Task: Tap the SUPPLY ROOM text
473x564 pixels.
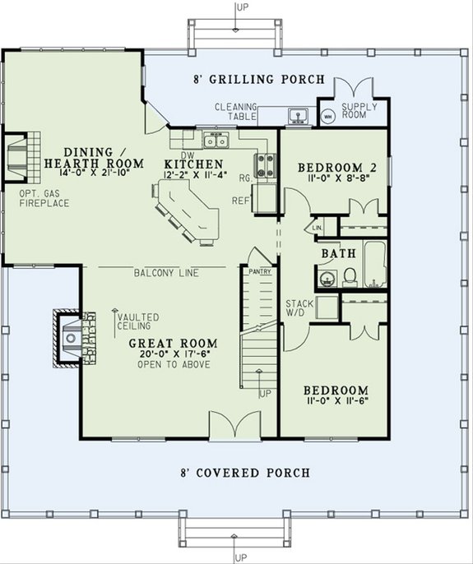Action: [359, 111]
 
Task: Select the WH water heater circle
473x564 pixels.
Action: [327, 117]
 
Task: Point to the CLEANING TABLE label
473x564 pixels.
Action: [236, 111]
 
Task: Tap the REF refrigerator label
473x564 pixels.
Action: [242, 199]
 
